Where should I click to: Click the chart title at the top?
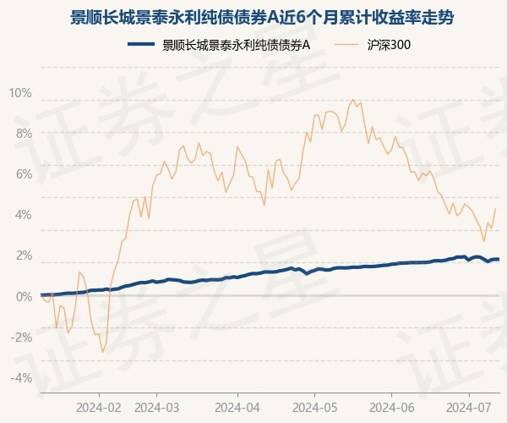click(253, 17)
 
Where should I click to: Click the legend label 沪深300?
click(390, 45)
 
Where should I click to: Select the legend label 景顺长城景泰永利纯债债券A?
click(237, 45)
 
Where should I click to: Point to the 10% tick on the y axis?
click(20, 93)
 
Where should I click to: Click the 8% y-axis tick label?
click(23, 134)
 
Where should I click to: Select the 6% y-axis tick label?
click(23, 174)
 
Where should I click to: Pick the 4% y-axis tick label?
click(23, 215)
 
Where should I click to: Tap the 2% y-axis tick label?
click(23, 255)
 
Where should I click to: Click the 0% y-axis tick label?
click(23, 296)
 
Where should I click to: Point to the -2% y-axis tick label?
click(21, 337)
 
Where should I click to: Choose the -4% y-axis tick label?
click(21, 377)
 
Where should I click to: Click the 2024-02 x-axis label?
click(99, 407)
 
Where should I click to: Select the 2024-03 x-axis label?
click(158, 407)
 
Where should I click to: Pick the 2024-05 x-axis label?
click(314, 407)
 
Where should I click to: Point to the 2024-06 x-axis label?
click(392, 407)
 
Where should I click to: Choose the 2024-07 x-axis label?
click(470, 407)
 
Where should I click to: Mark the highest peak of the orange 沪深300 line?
click(353, 100)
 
